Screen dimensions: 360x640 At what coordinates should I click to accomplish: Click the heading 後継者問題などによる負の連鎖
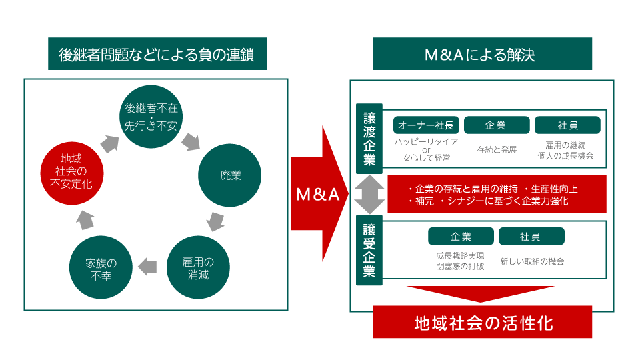157,55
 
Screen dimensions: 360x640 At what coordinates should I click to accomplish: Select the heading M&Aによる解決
482,55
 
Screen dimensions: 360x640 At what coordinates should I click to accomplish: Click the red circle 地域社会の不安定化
71,171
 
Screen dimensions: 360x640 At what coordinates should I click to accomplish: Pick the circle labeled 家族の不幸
101,267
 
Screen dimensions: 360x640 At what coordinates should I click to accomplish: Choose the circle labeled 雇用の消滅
197,267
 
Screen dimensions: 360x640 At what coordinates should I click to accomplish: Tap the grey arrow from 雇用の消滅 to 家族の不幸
147,267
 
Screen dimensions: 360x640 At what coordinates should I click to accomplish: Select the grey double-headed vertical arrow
369,194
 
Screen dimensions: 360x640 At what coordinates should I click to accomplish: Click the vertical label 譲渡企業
369,139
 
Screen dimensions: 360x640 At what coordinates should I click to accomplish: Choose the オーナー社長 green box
425,125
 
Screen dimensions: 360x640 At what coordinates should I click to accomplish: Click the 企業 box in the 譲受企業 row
461,237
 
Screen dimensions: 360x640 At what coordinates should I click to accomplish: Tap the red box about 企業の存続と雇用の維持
497,194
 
